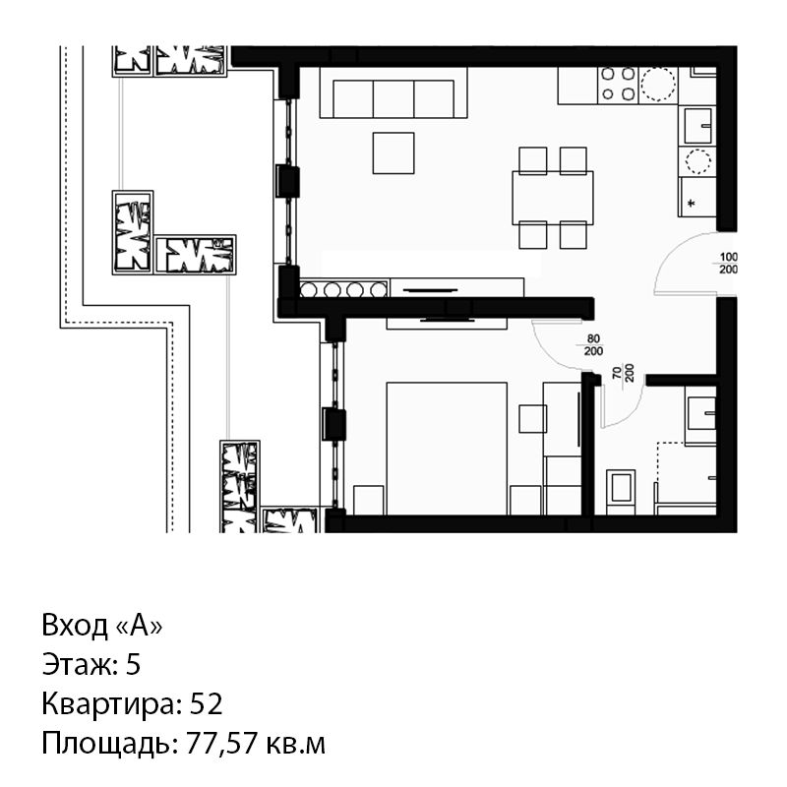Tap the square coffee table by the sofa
click(x=393, y=153)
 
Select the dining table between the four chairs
click(x=553, y=198)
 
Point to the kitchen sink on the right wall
click(x=697, y=126)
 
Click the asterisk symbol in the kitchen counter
click(x=692, y=204)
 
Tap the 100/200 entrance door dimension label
click(x=728, y=264)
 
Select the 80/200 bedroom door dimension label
click(x=593, y=345)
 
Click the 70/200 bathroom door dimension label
click(x=623, y=373)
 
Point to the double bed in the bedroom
click(x=447, y=449)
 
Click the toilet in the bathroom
click(x=621, y=492)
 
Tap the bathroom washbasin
click(x=700, y=414)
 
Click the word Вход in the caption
click(x=75, y=626)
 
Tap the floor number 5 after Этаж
click(x=133, y=664)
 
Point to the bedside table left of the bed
click(x=369, y=500)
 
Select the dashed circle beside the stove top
click(x=658, y=85)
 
